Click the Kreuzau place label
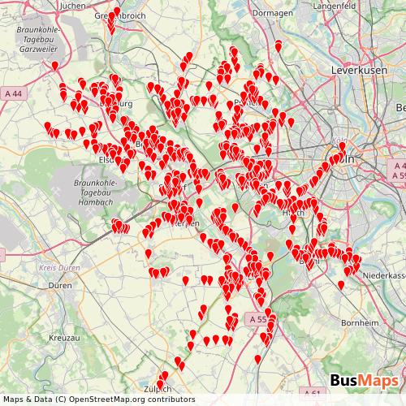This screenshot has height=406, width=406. coord(63,335)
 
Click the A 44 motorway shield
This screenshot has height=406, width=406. coord(14,94)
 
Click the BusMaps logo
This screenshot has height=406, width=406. coord(364,380)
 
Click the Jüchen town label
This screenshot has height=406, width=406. coord(72,6)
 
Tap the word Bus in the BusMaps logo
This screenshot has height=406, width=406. coord(346,380)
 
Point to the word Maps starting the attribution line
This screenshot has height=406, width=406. coord(14,400)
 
